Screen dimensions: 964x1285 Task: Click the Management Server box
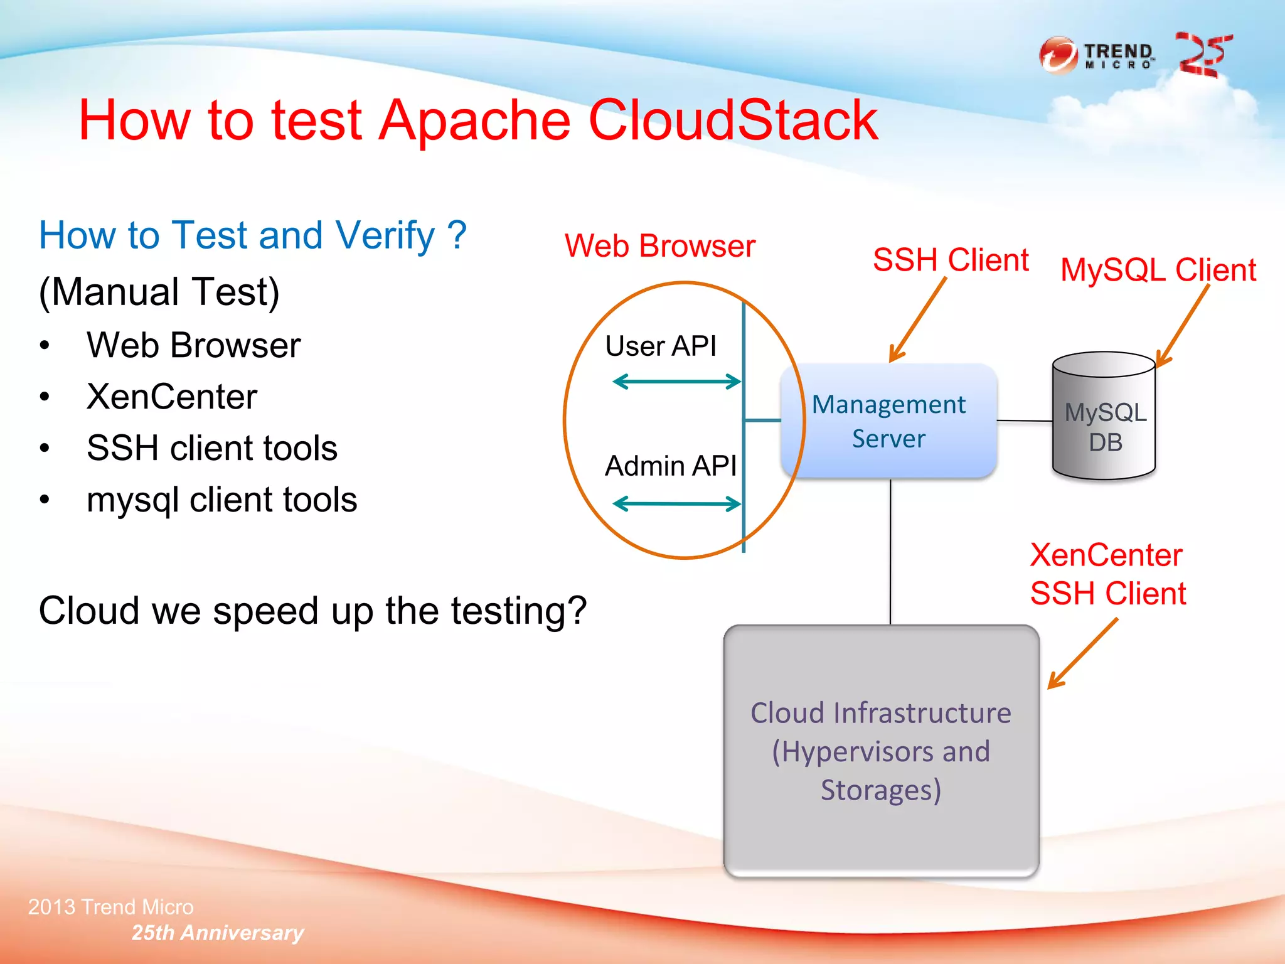888,421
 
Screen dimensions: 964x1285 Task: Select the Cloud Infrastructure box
881,751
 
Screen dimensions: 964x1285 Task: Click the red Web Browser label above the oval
659,246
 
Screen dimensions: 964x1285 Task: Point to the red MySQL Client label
1158,270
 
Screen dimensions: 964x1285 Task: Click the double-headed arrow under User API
676,382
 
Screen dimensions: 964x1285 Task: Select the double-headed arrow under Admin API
676,503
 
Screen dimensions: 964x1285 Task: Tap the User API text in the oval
660,346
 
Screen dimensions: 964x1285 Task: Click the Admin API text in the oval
670,466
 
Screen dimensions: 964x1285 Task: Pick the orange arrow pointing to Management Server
917,321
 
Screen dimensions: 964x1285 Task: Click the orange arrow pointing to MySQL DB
1183,326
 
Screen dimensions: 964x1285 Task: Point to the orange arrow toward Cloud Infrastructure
1083,654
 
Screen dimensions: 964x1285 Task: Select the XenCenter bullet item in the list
172,397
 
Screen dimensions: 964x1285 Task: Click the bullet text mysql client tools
221,500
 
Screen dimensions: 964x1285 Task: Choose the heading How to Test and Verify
252,235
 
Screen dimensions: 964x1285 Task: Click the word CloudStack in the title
732,120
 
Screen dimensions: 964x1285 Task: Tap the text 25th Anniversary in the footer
217,933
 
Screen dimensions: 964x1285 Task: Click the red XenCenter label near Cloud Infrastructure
1106,555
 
